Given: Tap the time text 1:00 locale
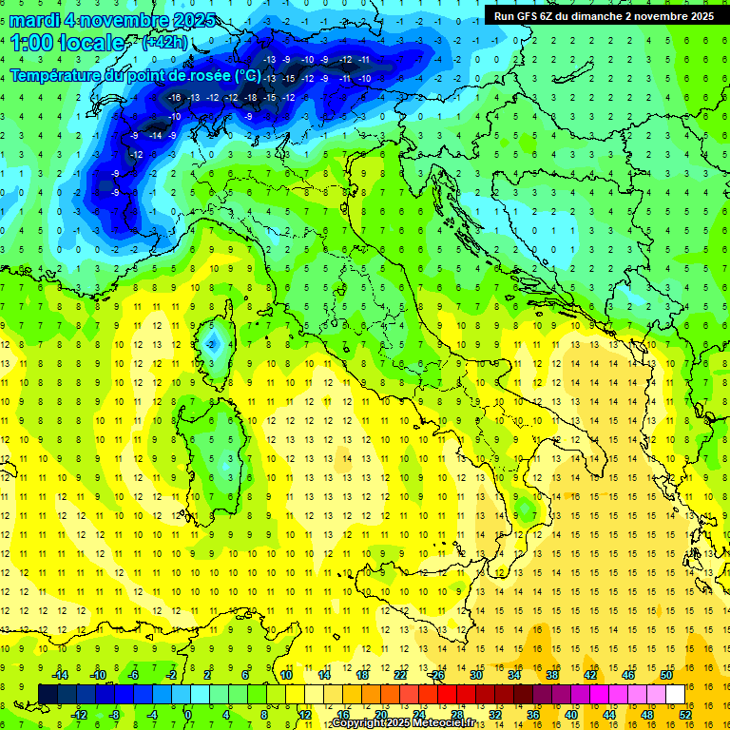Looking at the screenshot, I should point(67,43).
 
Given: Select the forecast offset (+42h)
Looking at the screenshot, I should point(164,43).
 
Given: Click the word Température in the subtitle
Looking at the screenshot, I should point(62,75).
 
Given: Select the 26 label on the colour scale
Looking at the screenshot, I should point(438,675).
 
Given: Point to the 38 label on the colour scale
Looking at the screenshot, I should point(551,675).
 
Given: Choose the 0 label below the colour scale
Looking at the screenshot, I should point(188,715).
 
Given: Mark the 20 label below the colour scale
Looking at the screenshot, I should point(380,715).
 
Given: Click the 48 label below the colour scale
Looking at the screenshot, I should point(646,715).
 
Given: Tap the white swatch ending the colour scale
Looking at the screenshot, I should point(675,694).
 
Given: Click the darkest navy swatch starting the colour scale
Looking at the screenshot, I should point(48,694).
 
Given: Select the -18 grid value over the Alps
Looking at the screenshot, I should point(250,98).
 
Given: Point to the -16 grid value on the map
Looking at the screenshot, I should point(174,98).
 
